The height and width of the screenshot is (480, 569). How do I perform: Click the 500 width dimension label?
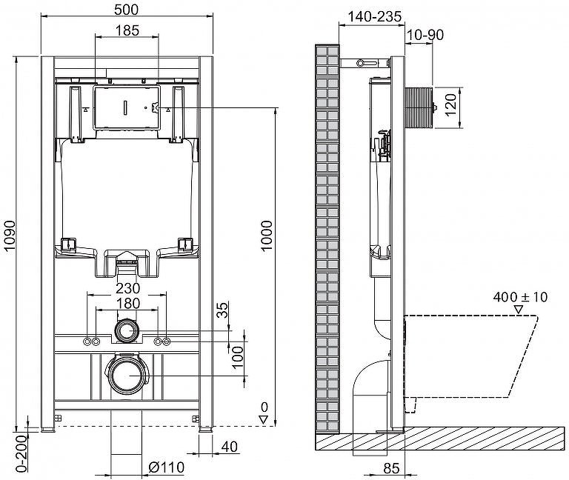(x=126, y=10)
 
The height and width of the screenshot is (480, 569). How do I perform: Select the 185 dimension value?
(x=127, y=30)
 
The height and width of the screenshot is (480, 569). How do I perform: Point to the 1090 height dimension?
(x=10, y=235)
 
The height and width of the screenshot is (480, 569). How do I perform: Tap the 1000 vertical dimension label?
(x=267, y=236)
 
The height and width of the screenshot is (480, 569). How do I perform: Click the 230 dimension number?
(x=127, y=288)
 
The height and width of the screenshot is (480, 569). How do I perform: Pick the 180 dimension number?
(x=127, y=303)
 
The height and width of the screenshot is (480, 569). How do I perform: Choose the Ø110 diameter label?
(x=167, y=467)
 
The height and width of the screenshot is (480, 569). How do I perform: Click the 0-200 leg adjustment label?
(x=22, y=454)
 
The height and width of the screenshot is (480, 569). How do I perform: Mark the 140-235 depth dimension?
(x=375, y=16)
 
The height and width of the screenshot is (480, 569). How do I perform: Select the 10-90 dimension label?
(x=425, y=35)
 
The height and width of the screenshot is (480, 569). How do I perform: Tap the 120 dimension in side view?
(x=450, y=105)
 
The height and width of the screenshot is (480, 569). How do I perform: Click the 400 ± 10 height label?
(x=520, y=297)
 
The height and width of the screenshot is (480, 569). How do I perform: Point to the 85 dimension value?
(x=391, y=468)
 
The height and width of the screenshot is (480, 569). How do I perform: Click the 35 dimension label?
(x=224, y=310)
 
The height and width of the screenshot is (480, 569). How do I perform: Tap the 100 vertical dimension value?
(x=238, y=357)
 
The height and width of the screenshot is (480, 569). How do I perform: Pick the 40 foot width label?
(x=230, y=447)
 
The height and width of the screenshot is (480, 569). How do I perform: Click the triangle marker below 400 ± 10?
(x=519, y=310)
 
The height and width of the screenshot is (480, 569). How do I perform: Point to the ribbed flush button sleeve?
(x=419, y=107)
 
